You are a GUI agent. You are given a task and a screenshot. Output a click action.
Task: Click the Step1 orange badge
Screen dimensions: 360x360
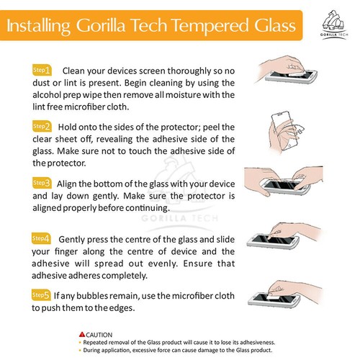coord(41,71)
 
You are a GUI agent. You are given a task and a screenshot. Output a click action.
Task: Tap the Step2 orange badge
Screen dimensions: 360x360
coord(41,126)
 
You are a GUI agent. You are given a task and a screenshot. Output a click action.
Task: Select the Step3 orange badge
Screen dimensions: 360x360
coord(41,182)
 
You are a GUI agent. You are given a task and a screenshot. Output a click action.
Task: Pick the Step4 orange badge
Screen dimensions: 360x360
coord(41,238)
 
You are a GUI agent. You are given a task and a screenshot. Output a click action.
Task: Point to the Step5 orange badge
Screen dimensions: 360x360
coord(41,294)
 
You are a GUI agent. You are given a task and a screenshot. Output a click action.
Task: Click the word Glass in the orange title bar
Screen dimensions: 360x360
coord(271,27)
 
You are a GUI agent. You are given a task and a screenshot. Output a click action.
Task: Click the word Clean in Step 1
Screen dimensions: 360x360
coord(78,71)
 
